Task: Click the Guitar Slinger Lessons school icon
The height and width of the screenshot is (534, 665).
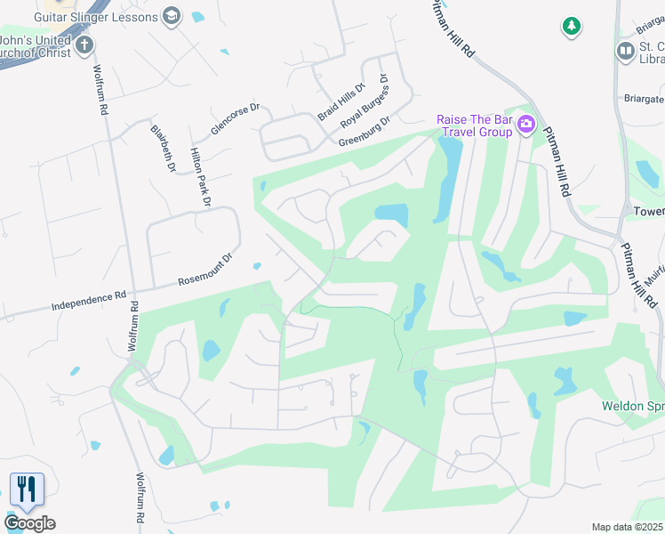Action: (172, 16)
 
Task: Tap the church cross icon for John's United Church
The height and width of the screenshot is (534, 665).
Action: (84, 45)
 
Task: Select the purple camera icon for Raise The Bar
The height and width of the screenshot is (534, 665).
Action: (526, 125)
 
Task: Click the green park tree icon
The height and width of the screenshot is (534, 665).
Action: (570, 27)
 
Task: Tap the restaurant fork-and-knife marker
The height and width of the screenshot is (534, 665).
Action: (27, 489)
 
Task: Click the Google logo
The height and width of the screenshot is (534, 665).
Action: (29, 523)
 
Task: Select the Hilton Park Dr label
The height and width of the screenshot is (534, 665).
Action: (200, 178)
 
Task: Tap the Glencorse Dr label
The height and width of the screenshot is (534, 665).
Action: (234, 119)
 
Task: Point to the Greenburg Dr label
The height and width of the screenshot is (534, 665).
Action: (364, 133)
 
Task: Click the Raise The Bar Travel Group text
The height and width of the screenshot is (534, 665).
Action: (475, 126)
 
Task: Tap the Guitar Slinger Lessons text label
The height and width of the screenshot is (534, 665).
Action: (97, 16)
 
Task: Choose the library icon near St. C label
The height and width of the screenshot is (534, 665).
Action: (625, 52)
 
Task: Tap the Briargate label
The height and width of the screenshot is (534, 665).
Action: (644, 99)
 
